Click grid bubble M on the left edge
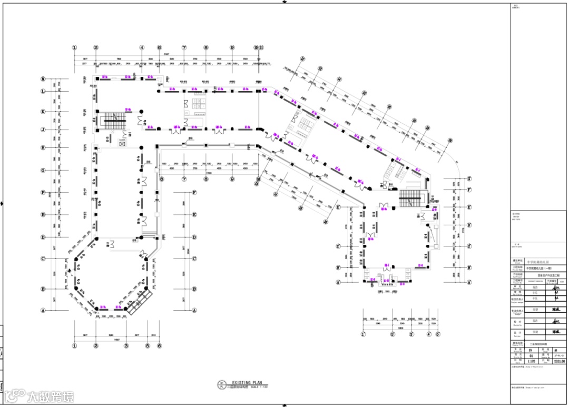pyautogui.click(x=44, y=79)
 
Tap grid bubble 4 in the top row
pyautogui.click(x=142, y=47)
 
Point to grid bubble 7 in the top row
pyautogui.click(x=184, y=47)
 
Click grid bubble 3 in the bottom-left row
pyautogui.click(x=126, y=346)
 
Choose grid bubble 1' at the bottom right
pyautogui.click(x=363, y=334)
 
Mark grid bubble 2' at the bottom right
pyautogui.click(x=393, y=334)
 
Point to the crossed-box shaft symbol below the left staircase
pyautogui.click(x=123, y=143)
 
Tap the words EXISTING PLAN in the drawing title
pyautogui.click(x=246, y=383)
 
